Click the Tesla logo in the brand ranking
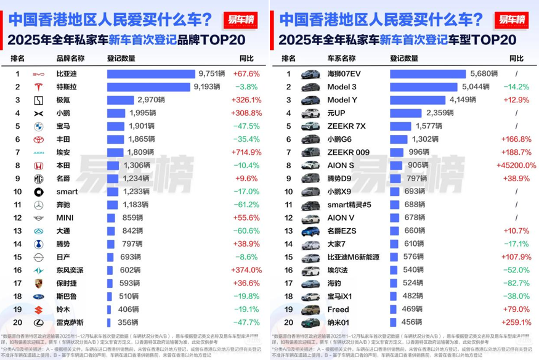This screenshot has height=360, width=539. (x=38, y=86)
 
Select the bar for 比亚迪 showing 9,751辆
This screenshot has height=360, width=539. (x=151, y=73)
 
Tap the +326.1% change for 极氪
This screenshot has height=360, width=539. (x=246, y=100)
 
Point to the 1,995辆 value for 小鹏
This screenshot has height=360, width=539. (x=144, y=113)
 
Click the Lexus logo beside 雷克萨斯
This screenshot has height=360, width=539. (x=38, y=322)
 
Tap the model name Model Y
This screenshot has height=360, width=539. (x=342, y=100)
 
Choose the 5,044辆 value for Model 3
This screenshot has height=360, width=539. (x=476, y=87)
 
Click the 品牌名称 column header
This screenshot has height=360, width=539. (x=70, y=59)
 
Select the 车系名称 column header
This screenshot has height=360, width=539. (x=341, y=59)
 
